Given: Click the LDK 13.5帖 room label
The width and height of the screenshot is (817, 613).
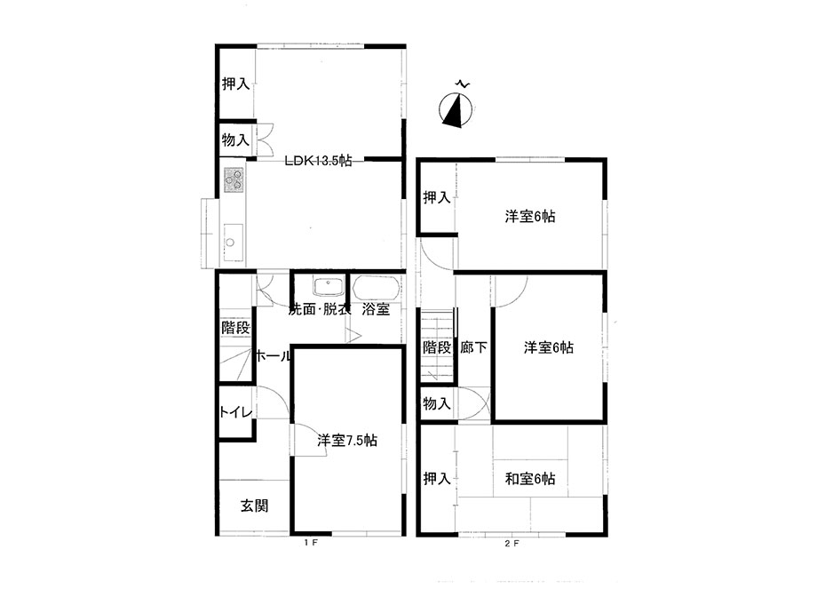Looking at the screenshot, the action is tap(318, 160).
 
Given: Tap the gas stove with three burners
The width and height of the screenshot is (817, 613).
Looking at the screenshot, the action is tap(234, 179).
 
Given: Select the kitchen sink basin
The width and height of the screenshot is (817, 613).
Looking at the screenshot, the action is tap(234, 243).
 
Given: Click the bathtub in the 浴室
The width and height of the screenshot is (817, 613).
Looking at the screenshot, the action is tap(376, 288).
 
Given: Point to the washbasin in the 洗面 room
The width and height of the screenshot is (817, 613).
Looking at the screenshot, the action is tap(327, 287).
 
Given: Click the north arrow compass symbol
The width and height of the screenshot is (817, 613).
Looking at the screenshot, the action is tap(456, 109).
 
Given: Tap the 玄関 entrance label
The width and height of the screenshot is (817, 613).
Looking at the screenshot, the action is tap(254, 506).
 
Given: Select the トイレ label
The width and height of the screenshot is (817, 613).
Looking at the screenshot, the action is tap(236, 412).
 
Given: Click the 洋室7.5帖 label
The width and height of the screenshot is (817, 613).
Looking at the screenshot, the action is tap(347, 441).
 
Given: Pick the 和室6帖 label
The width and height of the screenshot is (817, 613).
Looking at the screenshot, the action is tap(530, 479).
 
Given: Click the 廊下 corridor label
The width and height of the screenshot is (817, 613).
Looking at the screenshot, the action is tap(473, 347).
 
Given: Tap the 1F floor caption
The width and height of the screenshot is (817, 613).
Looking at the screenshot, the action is tap(311, 543).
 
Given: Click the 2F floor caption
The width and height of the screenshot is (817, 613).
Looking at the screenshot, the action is tap(512, 543).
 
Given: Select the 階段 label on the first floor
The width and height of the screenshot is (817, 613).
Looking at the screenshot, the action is tap(235, 329).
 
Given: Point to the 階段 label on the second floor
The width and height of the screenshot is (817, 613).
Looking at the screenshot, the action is tap(437, 347).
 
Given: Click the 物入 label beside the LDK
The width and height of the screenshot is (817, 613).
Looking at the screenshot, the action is tap(235, 139).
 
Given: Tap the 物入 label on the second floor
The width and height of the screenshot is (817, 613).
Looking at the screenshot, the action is tap(437, 403).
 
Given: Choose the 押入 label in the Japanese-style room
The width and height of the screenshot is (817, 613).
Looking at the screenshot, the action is tap(437, 478).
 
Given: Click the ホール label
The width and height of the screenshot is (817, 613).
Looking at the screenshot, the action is tap(273, 356).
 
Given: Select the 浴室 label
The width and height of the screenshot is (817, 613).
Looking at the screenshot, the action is tap(377, 309).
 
